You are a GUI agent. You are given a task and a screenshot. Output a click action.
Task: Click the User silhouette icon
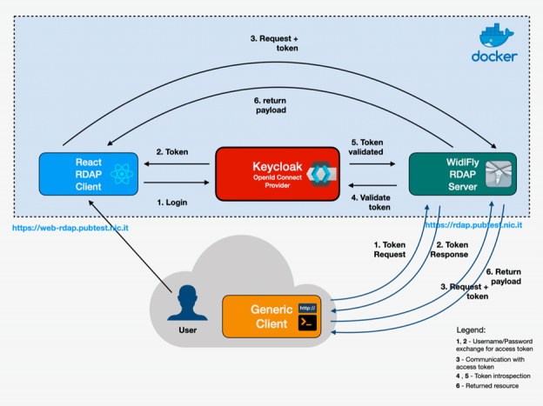[x=186, y=304]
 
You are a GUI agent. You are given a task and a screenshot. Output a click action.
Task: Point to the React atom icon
[x=123, y=178]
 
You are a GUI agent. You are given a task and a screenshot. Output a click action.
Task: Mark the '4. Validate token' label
[x=372, y=203]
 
